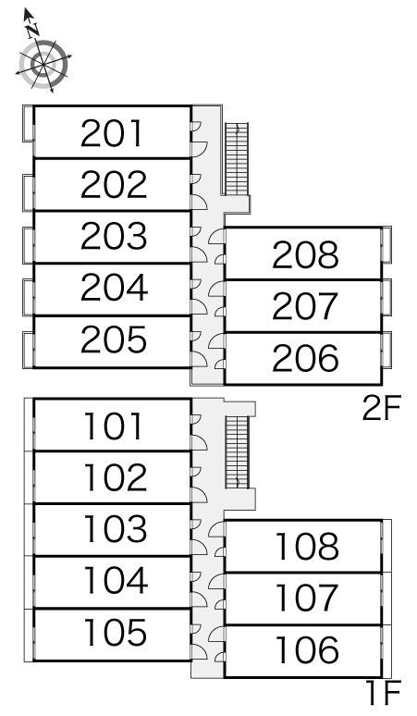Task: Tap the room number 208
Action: [306, 254]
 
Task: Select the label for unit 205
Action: [114, 339]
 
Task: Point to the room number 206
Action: [306, 358]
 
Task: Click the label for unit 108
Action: [308, 547]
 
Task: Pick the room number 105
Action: [116, 633]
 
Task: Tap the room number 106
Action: [308, 649]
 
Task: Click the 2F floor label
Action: [382, 409]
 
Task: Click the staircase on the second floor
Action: [238, 159]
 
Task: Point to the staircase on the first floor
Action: [238, 452]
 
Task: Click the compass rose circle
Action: [44, 64]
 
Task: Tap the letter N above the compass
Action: [32, 31]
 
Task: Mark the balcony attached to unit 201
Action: [29, 123]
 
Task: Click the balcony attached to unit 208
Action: [386, 245]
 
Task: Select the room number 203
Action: [114, 236]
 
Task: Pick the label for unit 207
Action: [306, 306]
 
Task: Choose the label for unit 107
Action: [308, 599]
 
